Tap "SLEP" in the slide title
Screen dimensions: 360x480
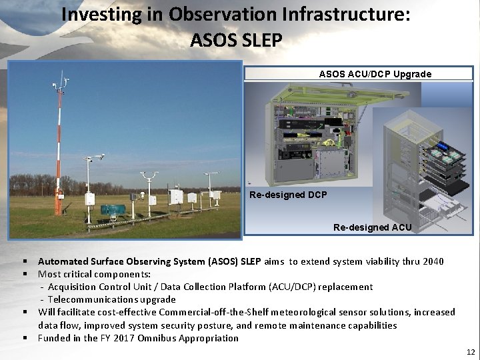[259, 40]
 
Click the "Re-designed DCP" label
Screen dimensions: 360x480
[287, 195]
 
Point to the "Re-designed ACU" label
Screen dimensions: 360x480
[372, 227]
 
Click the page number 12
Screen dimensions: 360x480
[471, 352]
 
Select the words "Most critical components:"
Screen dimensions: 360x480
[94, 274]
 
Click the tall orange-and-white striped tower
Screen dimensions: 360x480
[59, 153]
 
